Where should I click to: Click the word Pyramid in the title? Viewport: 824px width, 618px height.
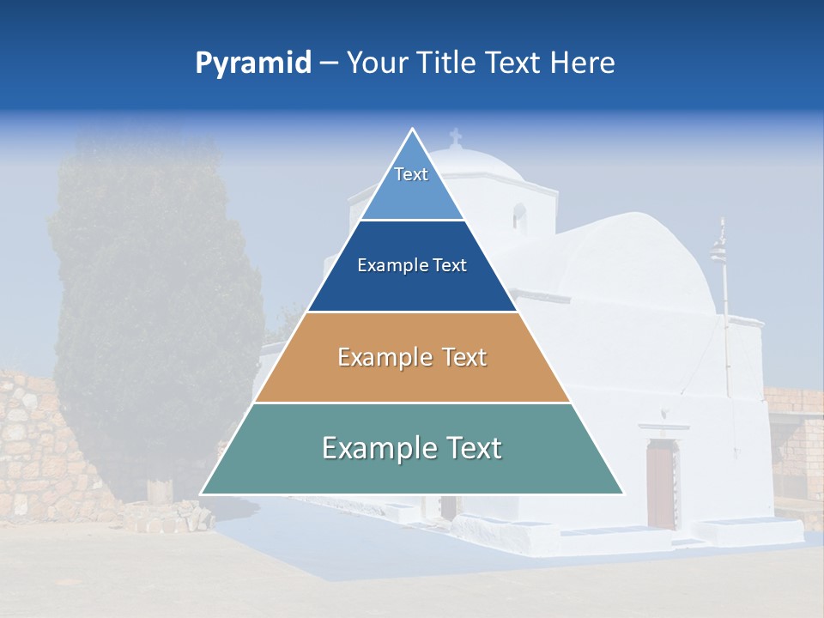point(253,64)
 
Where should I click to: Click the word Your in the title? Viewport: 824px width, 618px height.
point(375,64)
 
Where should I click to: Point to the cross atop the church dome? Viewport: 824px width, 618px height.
point(455,136)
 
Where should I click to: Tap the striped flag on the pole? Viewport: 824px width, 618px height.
point(718,251)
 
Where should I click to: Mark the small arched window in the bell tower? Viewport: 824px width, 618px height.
point(518,215)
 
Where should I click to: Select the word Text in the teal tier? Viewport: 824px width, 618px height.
point(468,448)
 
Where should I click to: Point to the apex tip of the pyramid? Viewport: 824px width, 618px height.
point(412,130)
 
